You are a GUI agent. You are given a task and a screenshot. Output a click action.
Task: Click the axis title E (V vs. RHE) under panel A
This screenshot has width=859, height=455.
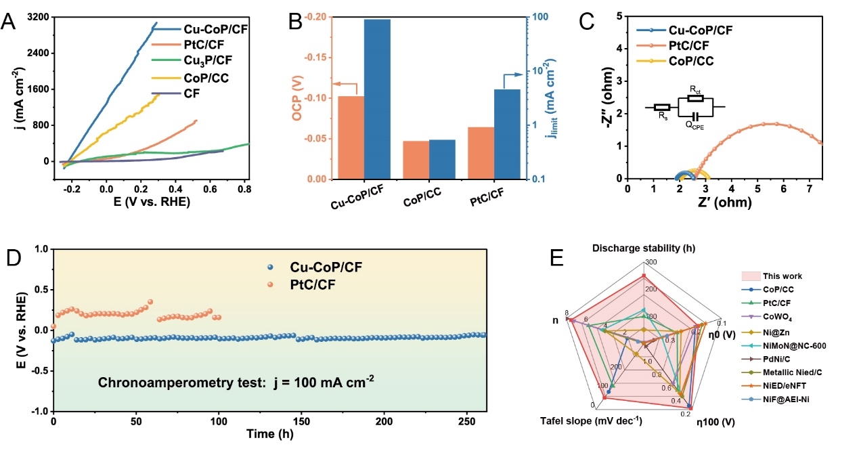[x=146, y=201]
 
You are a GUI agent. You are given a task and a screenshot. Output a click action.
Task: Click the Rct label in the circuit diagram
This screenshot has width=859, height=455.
[x=695, y=89]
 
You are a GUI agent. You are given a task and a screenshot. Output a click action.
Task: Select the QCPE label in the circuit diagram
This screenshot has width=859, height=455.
[x=694, y=125]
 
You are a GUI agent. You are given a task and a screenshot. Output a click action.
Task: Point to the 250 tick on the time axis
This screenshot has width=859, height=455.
[x=466, y=422]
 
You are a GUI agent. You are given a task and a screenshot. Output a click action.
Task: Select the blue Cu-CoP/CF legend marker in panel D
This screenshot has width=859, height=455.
[x=271, y=267]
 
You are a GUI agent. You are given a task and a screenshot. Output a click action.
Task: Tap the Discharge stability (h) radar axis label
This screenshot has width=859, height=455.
[x=643, y=248]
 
